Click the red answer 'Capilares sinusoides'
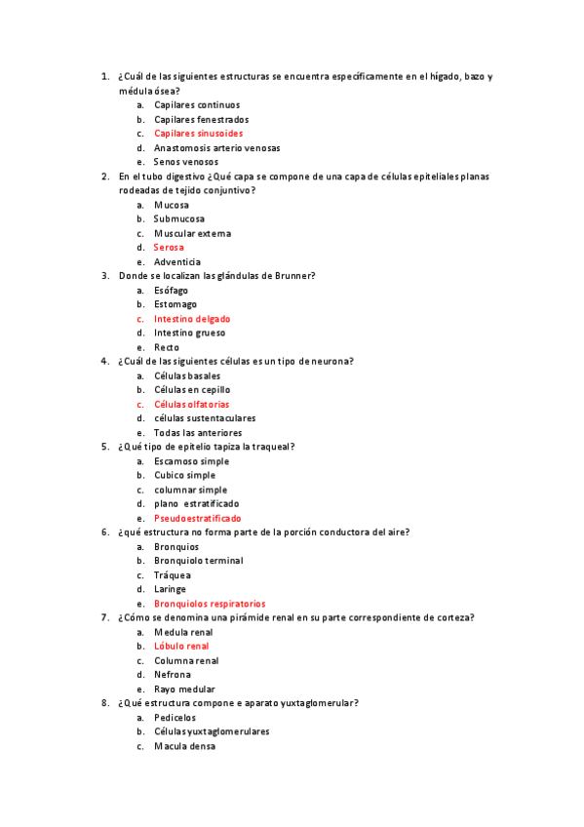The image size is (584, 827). click(x=198, y=134)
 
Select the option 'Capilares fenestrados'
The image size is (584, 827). click(x=201, y=119)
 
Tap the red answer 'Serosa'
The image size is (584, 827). click(x=169, y=248)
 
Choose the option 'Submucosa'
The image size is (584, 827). click(x=178, y=219)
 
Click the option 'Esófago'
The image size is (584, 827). click(x=171, y=291)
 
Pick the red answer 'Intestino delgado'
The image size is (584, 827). click(x=192, y=319)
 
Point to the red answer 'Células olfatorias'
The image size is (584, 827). click(x=192, y=405)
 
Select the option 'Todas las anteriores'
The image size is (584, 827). click(x=198, y=433)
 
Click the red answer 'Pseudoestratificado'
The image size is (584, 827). click(x=197, y=519)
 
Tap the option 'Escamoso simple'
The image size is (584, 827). click(x=191, y=461)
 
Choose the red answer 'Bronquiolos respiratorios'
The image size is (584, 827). click(x=210, y=604)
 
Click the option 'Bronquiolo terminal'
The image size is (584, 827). click(x=198, y=561)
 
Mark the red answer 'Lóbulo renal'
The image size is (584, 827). click(x=181, y=646)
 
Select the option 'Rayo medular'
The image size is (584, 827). click(x=185, y=689)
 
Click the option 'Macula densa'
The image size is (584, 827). click(x=184, y=747)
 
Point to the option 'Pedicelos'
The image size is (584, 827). click(x=175, y=718)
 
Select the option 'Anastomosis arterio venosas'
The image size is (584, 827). click(x=216, y=148)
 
